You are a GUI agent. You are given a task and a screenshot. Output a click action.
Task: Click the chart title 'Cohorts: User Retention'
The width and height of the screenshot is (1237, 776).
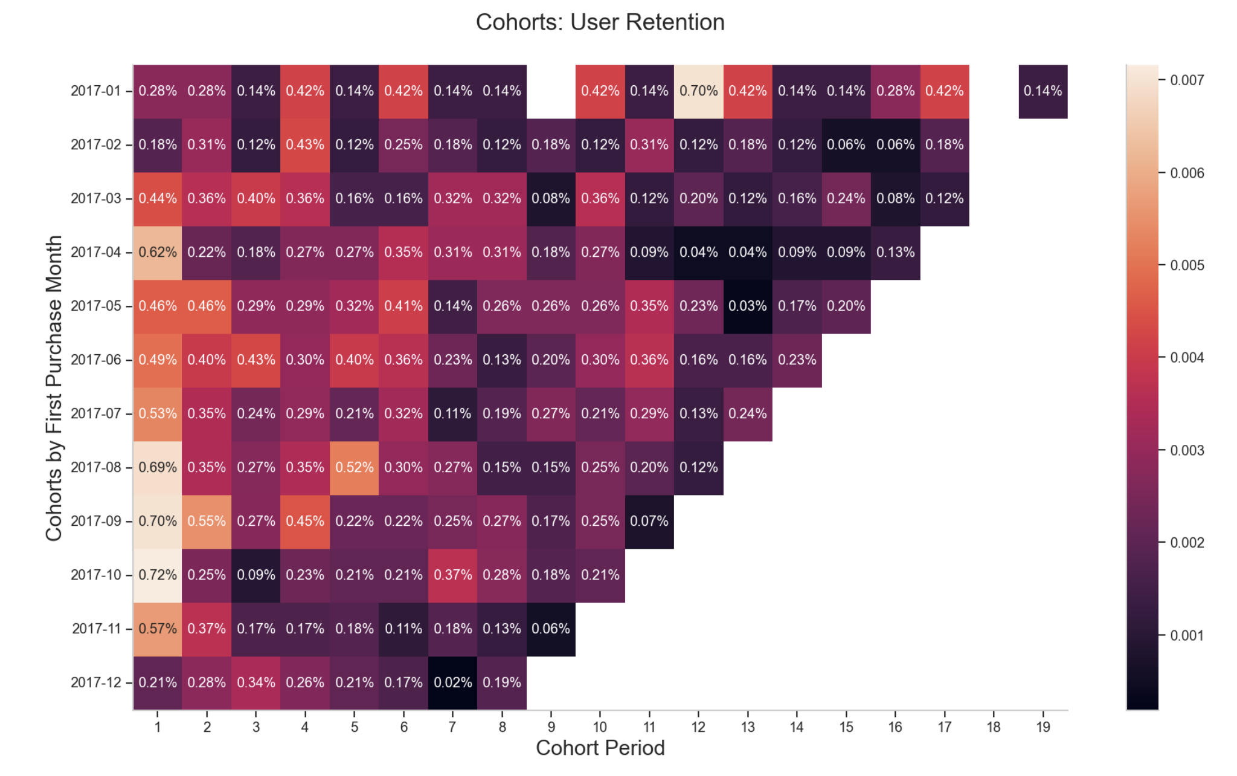point(600,22)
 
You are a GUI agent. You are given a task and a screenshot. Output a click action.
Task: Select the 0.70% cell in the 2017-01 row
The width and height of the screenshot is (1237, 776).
point(698,91)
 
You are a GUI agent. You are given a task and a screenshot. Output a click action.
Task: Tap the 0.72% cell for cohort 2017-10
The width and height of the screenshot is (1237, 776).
point(158,575)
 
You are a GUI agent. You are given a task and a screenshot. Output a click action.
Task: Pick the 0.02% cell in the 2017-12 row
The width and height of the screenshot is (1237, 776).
point(452,682)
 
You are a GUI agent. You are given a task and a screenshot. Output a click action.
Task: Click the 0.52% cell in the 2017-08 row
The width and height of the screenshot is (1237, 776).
point(355,467)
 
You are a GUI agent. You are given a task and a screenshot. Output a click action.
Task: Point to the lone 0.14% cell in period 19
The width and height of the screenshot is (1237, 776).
point(1043,91)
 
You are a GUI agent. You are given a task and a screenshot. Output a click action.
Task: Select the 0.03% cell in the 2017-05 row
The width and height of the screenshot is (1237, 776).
point(747,306)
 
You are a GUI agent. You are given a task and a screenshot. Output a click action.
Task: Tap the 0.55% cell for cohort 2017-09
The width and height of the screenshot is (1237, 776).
point(207,521)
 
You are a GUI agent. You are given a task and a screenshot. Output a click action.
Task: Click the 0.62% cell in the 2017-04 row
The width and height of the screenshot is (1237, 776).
point(158,252)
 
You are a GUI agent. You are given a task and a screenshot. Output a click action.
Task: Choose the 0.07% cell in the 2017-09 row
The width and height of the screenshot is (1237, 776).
point(649,521)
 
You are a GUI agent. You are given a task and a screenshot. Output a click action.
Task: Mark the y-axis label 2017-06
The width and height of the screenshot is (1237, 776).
point(96,360)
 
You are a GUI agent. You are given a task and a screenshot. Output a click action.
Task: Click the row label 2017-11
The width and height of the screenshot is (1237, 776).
point(97,629)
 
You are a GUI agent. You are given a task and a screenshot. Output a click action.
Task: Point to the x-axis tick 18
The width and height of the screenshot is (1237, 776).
point(994,727)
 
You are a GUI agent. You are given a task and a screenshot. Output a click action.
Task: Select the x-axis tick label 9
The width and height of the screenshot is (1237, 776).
point(551,727)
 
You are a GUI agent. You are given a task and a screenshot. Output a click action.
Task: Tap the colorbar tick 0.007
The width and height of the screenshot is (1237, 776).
point(1187,80)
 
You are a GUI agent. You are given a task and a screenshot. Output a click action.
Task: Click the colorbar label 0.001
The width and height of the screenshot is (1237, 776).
point(1187,635)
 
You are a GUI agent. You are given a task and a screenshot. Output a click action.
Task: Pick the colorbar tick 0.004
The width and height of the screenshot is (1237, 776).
point(1187,358)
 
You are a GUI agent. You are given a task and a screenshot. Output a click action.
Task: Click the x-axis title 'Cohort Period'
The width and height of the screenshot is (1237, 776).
point(600,748)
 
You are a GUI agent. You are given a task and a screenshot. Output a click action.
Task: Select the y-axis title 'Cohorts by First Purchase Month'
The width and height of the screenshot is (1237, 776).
point(54,387)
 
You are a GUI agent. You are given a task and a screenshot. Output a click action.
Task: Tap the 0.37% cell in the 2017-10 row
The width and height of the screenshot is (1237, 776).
point(452,575)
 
